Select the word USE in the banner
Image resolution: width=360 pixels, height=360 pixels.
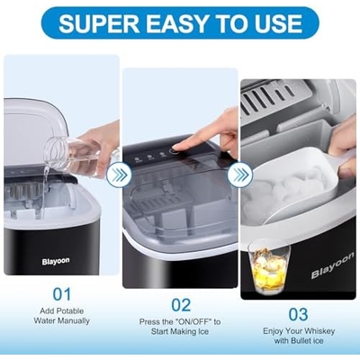(278, 23)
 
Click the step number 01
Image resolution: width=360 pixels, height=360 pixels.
(62, 294)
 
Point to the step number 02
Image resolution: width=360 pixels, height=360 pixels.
(181, 305)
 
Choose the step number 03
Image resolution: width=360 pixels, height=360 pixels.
(298, 315)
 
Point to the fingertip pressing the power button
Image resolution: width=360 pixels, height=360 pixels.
(177, 148)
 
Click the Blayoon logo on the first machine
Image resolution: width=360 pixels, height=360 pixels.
(56, 261)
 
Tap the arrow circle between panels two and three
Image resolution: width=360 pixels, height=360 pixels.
(239, 175)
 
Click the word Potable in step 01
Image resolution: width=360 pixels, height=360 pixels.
(71, 311)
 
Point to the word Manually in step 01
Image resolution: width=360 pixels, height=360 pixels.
(74, 320)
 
